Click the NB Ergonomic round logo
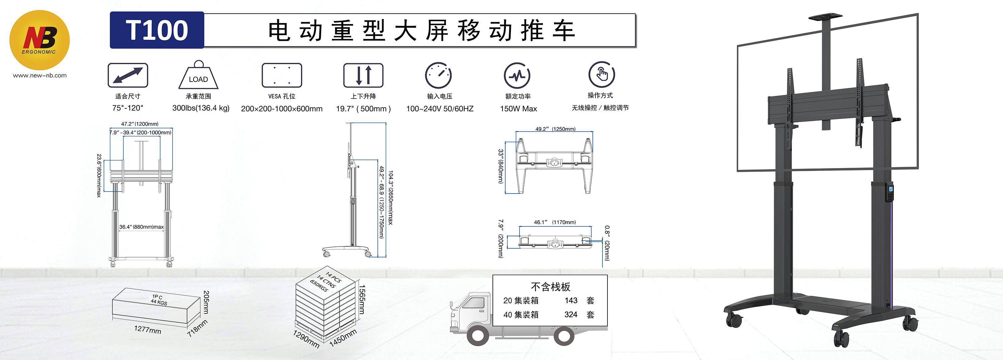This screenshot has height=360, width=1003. [39, 40]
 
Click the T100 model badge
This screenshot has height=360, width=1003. [156, 30]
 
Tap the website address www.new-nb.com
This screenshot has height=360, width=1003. [40, 76]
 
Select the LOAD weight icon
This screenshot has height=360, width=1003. [198, 76]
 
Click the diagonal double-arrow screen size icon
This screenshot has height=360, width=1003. [128, 75]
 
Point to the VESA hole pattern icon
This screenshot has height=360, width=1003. [282, 75]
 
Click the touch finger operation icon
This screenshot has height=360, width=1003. [601, 74]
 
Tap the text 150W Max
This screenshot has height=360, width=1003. [518, 109]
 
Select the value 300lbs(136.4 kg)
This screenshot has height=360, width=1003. [201, 108]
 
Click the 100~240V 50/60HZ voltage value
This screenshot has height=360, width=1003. [440, 109]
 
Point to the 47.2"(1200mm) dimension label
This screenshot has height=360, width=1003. [140, 124]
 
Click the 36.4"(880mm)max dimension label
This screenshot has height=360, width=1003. [141, 227]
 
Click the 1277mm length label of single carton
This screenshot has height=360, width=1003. [147, 330]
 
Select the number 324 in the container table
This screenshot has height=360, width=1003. [570, 315]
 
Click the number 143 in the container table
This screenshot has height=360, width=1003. [571, 301]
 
